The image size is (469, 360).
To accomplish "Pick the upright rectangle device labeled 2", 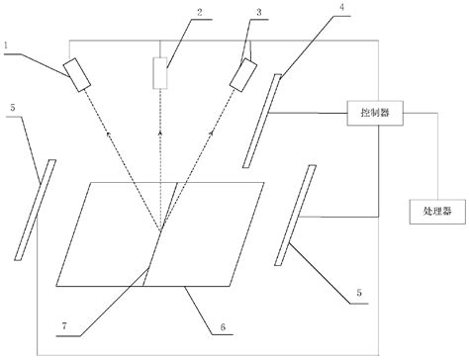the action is [x=161, y=73].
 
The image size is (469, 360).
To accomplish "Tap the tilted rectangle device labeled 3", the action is [x=241, y=74].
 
